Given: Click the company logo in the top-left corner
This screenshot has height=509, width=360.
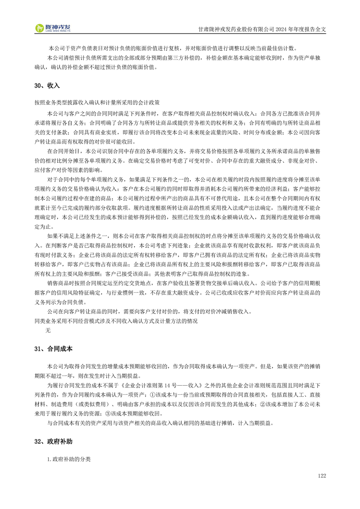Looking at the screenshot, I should coord(53,28).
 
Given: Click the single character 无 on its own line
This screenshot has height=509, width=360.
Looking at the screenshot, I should coord(48,330).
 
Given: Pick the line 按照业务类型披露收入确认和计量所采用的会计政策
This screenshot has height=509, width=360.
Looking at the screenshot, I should coord(97,103).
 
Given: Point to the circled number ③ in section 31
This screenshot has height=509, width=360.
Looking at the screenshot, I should coord(108,413).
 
